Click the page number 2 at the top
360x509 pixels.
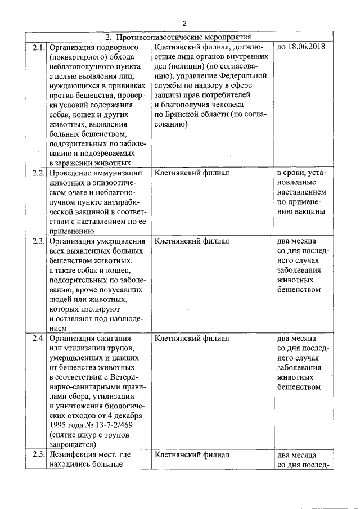(x=184, y=23)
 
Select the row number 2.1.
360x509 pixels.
(x=38, y=47)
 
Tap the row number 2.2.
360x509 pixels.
(x=38, y=173)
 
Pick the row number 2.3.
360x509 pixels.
(x=38, y=242)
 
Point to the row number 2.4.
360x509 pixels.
(x=38, y=339)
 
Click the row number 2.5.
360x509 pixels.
(x=38, y=454)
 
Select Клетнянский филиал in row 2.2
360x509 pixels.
(x=191, y=173)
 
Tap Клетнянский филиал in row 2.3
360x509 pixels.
(x=191, y=242)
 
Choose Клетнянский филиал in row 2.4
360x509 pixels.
(x=191, y=339)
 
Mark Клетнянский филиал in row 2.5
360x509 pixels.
(x=191, y=454)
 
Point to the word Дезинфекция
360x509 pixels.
(x=75, y=454)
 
